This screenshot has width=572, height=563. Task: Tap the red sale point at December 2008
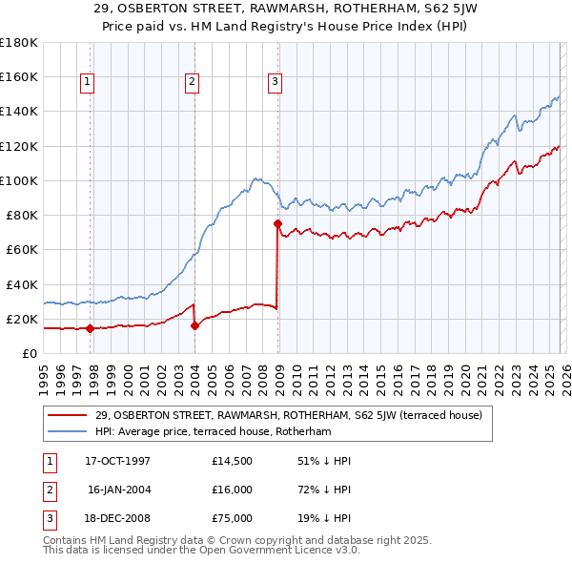278,223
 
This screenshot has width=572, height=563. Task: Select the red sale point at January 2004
195,325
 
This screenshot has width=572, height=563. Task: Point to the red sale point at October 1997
90,328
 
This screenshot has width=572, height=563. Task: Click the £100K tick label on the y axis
18,180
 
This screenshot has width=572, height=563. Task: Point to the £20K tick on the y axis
22,319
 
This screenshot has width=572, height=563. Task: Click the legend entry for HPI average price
212,431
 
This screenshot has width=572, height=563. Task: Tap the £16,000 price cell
232,489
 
